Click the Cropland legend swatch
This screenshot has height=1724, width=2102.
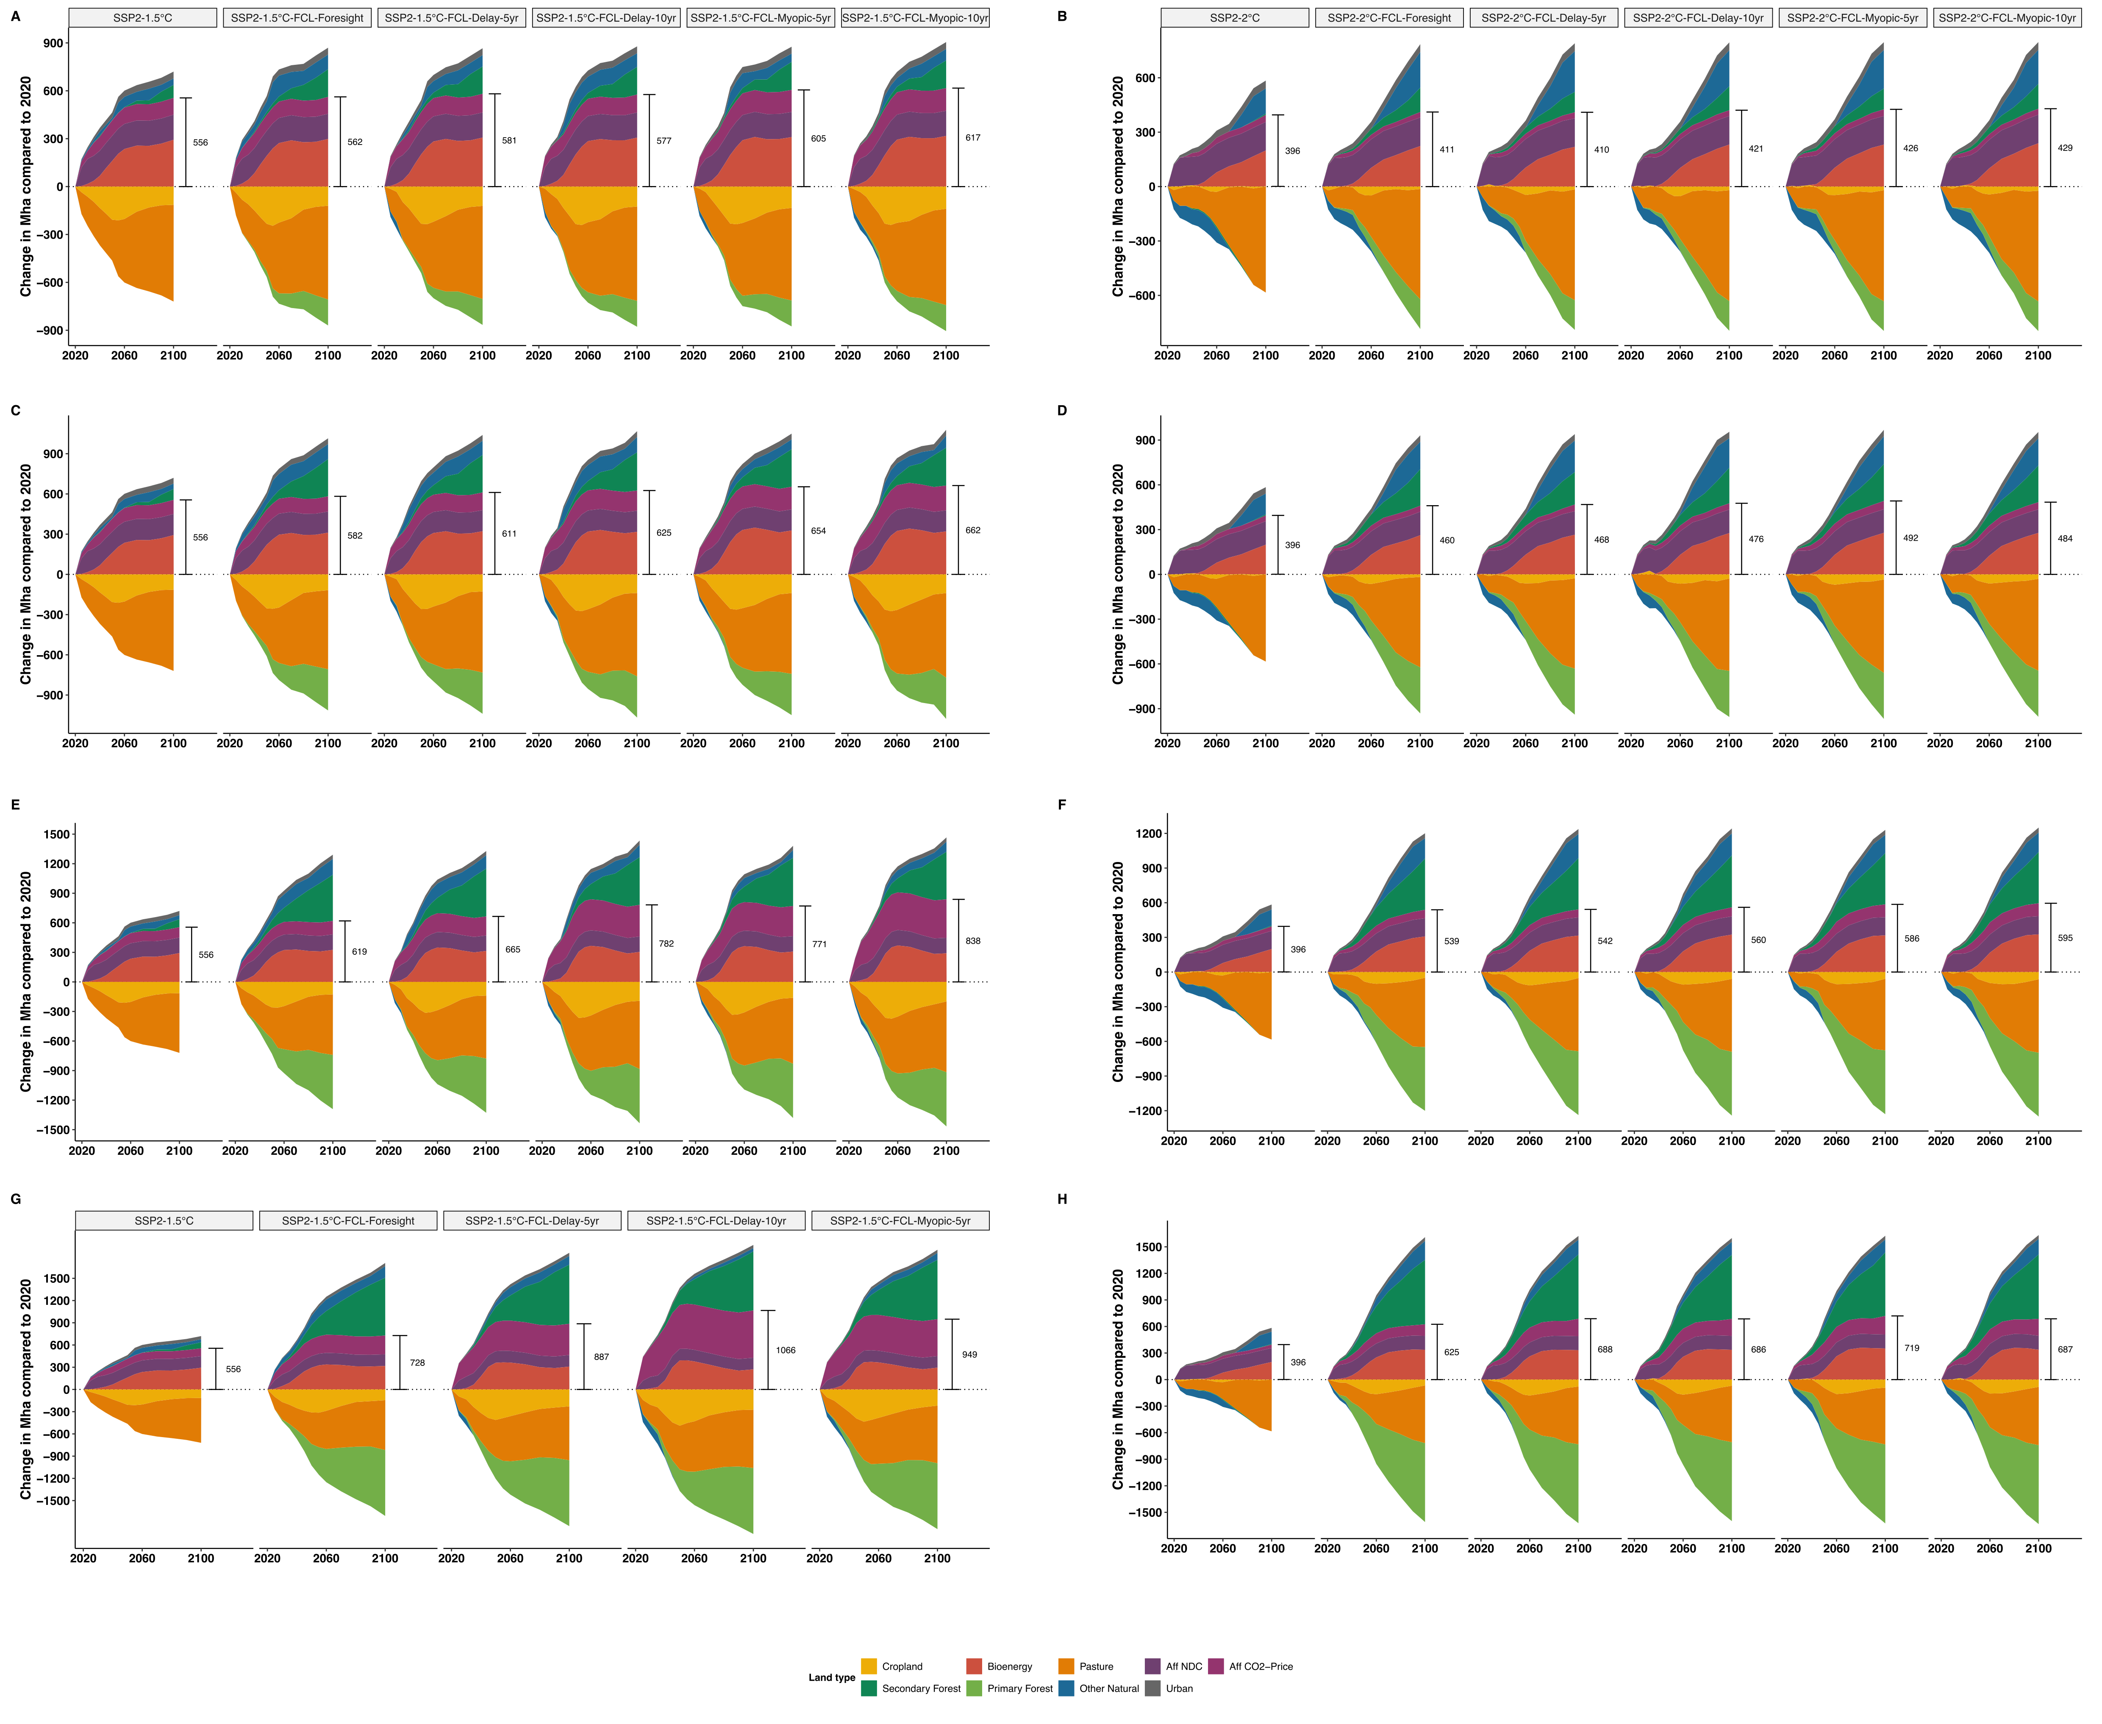(x=869, y=1666)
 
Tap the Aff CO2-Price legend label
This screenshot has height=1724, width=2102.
(x=1261, y=1666)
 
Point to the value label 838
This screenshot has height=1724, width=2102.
(x=973, y=940)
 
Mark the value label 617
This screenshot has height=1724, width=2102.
(x=973, y=138)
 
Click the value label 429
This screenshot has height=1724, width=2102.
(x=2065, y=148)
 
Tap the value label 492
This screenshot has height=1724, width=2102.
(x=1911, y=538)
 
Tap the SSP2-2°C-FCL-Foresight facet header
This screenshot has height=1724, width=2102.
(x=1389, y=18)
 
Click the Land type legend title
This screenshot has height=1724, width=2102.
(x=831, y=1677)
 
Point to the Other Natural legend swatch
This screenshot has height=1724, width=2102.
(x=1066, y=1688)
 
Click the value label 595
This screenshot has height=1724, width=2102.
(x=2065, y=937)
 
